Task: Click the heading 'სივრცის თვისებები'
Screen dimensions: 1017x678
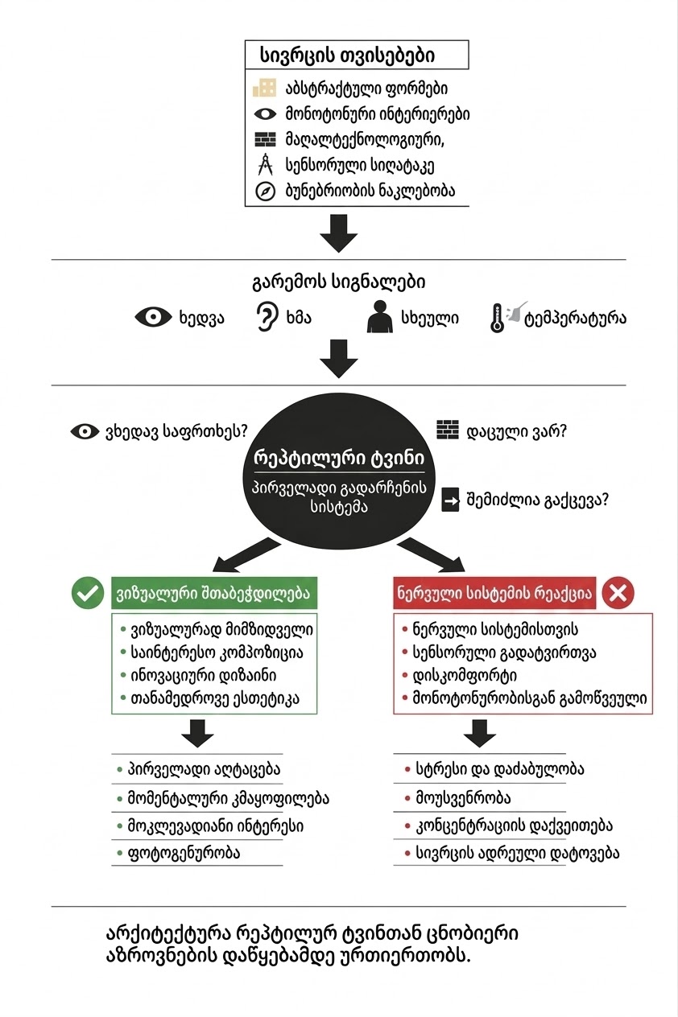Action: pos(348,56)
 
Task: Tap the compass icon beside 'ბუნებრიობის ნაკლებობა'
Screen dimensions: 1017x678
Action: pos(265,191)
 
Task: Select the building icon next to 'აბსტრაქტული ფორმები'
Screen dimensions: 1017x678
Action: pos(265,88)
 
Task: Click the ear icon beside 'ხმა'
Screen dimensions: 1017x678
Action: pos(264,317)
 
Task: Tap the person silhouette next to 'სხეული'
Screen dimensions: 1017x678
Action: pos(378,317)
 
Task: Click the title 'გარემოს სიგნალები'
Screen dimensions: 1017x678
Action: pos(338,282)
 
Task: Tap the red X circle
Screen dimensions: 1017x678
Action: pos(618,594)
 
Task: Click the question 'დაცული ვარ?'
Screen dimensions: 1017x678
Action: pos(517,431)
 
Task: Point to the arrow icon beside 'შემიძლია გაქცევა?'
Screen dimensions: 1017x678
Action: pos(450,500)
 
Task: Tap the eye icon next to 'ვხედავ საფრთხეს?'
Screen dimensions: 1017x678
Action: pos(85,432)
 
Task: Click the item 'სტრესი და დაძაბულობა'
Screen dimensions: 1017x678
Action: pos(500,769)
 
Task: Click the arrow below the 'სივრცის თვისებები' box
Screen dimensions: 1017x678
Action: pos(338,234)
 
